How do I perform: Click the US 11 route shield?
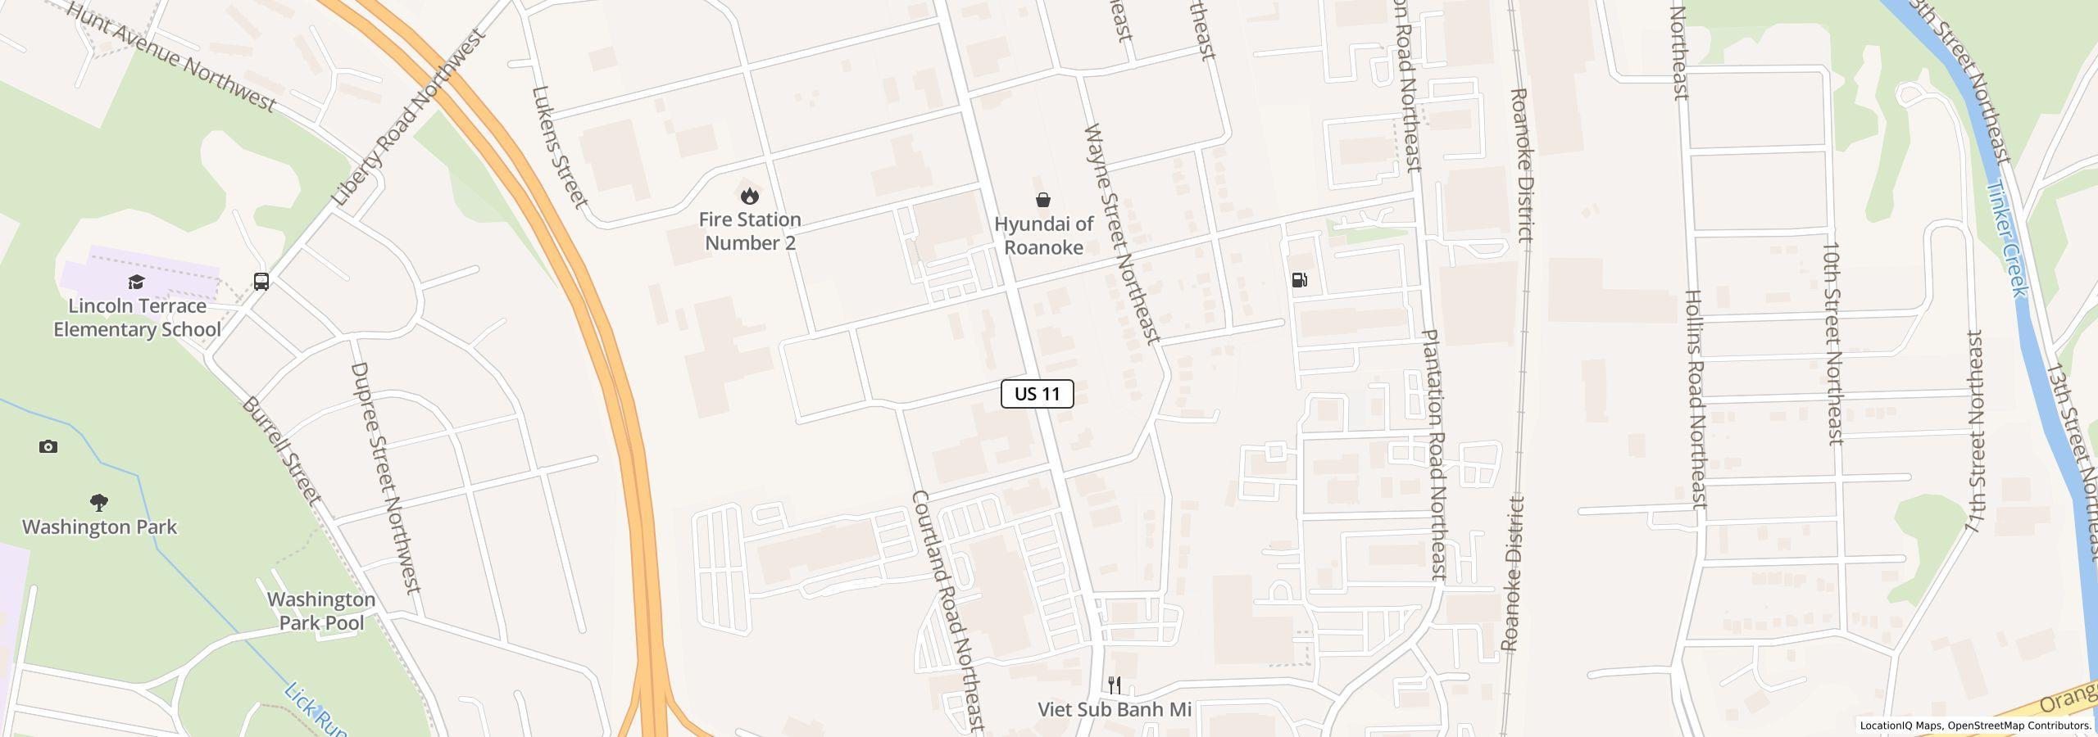click(x=1037, y=394)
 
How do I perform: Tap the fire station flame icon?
click(x=749, y=197)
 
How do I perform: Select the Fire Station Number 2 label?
click(x=750, y=231)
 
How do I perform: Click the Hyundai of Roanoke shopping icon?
click(x=1043, y=200)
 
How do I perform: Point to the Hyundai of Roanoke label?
click(x=1043, y=236)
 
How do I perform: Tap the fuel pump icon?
click(x=1299, y=280)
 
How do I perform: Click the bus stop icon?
click(x=261, y=282)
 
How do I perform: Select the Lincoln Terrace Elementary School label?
click(x=137, y=318)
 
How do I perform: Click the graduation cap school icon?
click(x=136, y=283)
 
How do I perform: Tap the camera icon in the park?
click(x=48, y=446)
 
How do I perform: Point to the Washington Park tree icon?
click(x=99, y=502)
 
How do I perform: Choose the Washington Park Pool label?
click(x=321, y=611)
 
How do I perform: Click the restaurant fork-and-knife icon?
click(x=1115, y=685)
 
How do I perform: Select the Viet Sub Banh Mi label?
click(x=1115, y=710)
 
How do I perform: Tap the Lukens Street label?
click(x=560, y=147)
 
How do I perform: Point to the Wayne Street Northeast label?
click(x=1121, y=233)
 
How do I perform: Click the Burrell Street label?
click(x=281, y=450)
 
